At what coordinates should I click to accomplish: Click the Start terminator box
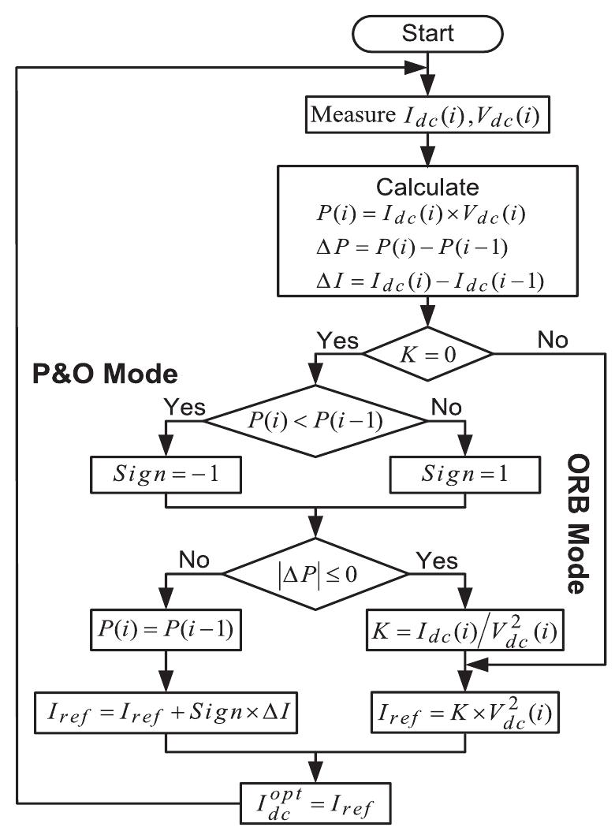point(428,32)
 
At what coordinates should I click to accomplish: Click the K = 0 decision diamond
point(427,352)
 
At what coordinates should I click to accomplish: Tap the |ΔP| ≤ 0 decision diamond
point(315,569)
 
